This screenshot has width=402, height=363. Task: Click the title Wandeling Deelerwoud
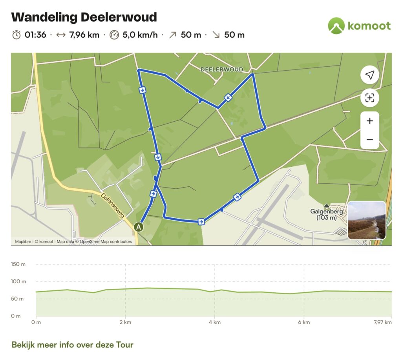coord(84,17)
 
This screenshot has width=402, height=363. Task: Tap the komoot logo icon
coord(336,26)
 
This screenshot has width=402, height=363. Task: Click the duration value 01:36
coord(35,35)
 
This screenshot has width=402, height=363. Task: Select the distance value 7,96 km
coord(84,35)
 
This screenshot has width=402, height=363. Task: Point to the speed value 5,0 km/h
coord(140,35)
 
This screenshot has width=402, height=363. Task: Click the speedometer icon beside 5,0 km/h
coord(114,35)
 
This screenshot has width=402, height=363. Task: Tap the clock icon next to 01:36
coord(16,35)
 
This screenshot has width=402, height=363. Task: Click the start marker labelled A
coord(138,226)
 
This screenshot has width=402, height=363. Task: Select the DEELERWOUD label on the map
coord(221,69)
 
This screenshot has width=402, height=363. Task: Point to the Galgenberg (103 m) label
coord(327,214)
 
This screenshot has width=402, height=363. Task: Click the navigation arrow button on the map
coord(369,75)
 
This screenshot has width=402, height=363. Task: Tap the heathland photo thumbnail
coord(367,221)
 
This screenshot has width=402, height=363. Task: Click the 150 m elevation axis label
coord(18,264)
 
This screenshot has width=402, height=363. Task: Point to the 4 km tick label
coord(214,323)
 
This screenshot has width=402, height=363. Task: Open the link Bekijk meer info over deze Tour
coord(73,345)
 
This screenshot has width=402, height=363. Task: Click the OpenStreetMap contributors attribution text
coord(106,242)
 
